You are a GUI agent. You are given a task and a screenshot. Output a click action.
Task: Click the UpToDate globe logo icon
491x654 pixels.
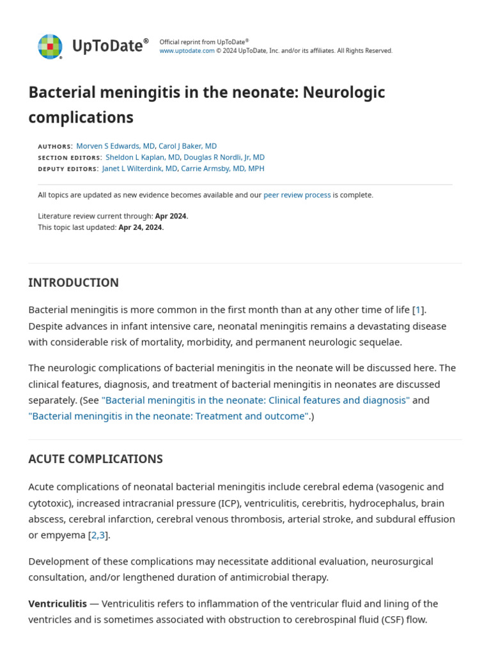coord(50,47)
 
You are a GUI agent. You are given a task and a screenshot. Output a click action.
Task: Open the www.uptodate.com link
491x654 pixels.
coord(187,51)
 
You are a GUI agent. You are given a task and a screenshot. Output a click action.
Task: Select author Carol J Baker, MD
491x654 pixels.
coord(187,146)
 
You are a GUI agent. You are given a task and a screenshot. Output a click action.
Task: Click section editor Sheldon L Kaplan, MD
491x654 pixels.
coord(143,157)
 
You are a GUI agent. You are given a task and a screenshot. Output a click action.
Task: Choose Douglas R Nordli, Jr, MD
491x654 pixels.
coord(224,157)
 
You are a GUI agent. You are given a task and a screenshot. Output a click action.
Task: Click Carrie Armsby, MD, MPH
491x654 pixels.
coord(222,169)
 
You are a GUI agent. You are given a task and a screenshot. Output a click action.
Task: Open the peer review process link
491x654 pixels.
coord(297,195)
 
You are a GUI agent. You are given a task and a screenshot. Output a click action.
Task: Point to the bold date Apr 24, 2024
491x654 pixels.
coord(141,227)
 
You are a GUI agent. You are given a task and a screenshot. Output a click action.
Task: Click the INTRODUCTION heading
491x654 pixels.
coord(74,282)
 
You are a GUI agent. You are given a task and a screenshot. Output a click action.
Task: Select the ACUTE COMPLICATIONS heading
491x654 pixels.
coord(95,459)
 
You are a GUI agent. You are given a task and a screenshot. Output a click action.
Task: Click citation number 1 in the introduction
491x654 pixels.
coord(418,310)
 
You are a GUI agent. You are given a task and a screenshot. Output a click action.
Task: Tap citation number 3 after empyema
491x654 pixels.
coord(102,535)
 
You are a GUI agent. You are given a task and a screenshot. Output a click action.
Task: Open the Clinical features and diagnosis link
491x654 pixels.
coord(255,400)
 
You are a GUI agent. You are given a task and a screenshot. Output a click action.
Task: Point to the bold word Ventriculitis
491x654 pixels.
coord(58,604)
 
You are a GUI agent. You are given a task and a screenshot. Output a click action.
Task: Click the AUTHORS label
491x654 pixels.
coord(54,147)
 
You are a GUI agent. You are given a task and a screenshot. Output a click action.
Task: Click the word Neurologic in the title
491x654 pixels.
coord(344,93)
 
